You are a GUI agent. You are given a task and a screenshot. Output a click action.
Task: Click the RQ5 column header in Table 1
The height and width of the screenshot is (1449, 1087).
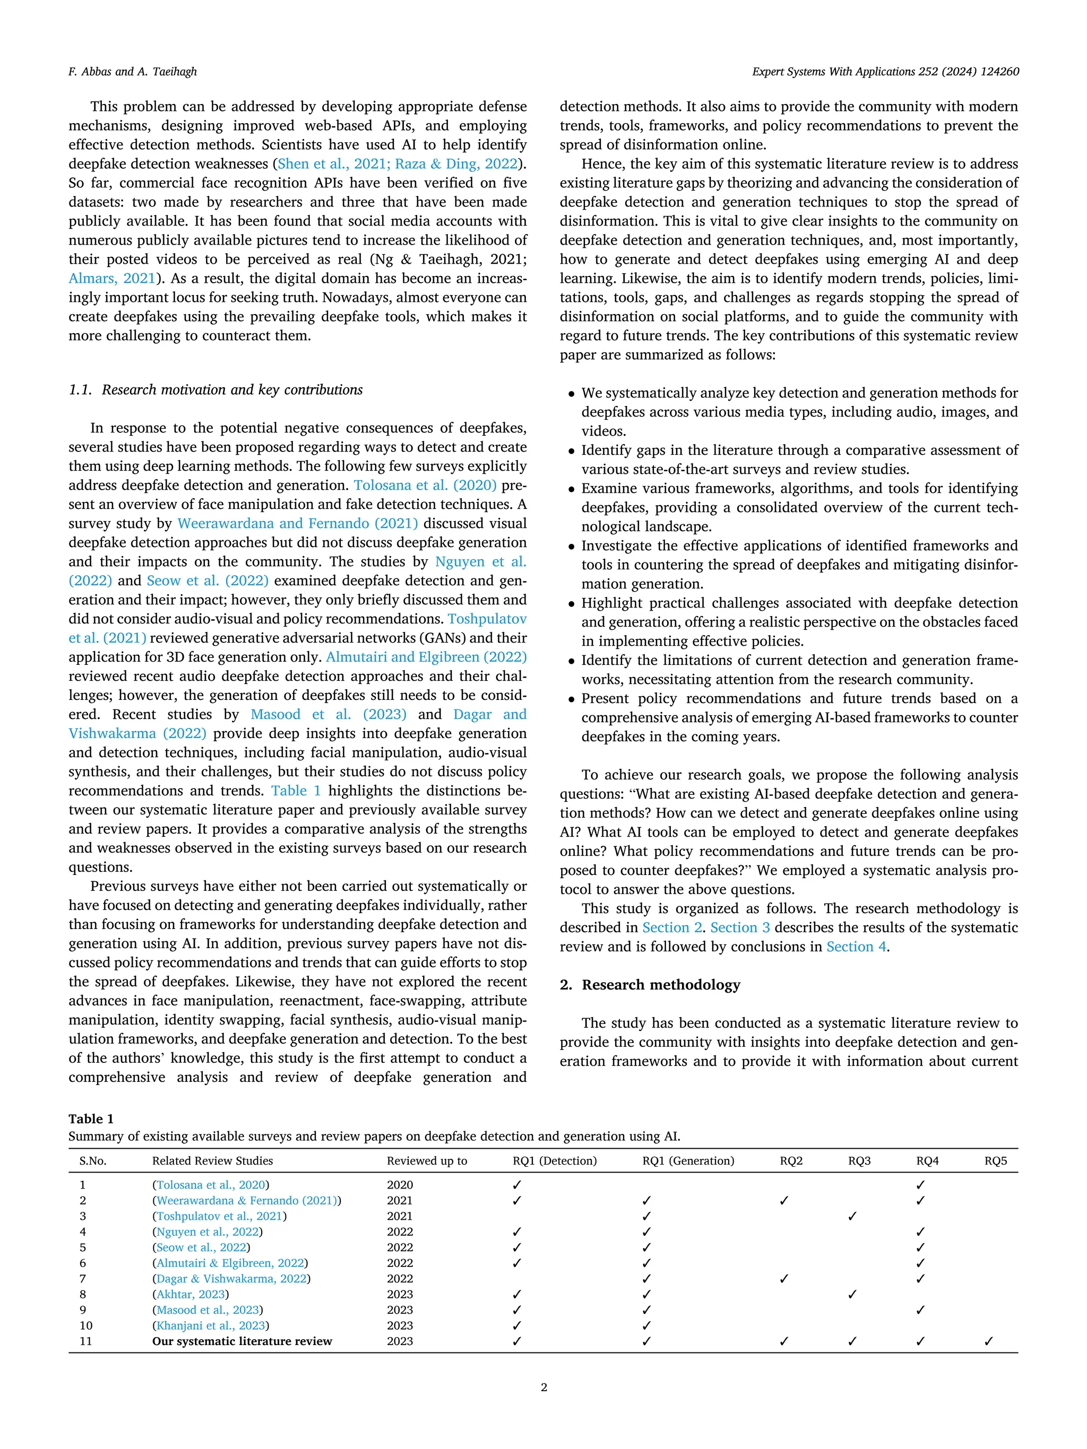(x=995, y=1161)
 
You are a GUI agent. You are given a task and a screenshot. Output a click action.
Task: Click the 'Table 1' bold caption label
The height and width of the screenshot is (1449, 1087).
(x=91, y=1119)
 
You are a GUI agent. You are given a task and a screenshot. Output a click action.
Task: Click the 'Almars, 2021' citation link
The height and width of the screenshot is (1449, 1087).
(x=112, y=279)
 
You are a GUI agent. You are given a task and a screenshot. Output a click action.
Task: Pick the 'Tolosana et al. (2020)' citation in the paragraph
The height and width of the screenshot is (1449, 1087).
(x=425, y=485)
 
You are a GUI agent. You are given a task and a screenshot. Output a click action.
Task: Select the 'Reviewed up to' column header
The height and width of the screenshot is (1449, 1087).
(x=427, y=1161)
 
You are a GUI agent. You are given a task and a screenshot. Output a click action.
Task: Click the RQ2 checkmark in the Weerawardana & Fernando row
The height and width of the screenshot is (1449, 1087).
(x=783, y=1201)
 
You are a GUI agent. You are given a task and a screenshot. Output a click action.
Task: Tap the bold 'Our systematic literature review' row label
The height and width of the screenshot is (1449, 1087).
(x=242, y=1341)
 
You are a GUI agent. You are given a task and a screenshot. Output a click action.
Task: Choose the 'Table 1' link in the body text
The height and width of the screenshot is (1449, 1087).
(x=296, y=791)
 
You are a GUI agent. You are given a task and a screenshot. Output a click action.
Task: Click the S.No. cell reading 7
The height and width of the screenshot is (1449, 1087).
(x=83, y=1279)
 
